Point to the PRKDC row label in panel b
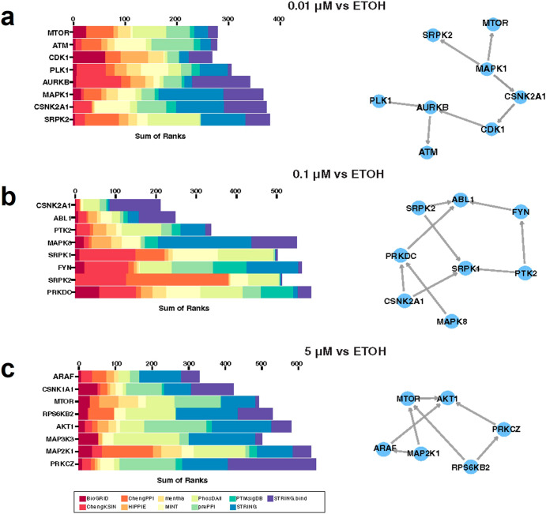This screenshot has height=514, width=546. click(58, 291)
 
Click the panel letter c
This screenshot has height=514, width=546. click(10, 368)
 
